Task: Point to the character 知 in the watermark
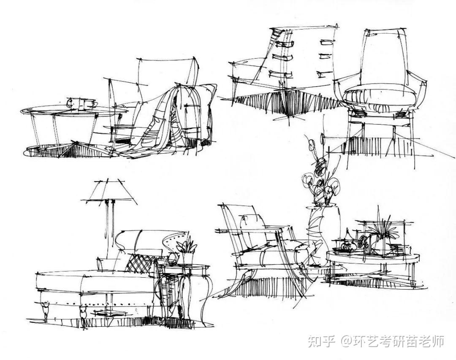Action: pyautogui.click(x=315, y=341)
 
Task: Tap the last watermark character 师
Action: pyautogui.click(x=438, y=341)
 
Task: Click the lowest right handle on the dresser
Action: pyautogui.click(x=325, y=74)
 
